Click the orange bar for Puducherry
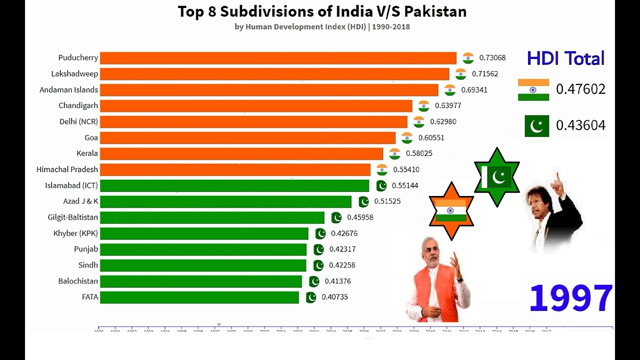[x=278, y=58]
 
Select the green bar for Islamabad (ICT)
[x=234, y=186]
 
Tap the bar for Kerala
[x=241, y=153]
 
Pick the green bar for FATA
[x=199, y=297]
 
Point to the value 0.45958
[x=360, y=217]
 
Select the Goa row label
[x=91, y=137]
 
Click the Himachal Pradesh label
[x=67, y=169]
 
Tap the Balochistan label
[x=78, y=281]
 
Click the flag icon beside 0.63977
[x=423, y=105]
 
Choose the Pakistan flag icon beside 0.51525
[x=363, y=201]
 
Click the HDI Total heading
[x=565, y=58]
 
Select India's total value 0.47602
[x=580, y=89]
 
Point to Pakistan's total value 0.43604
[x=580, y=125]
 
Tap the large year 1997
[x=570, y=298]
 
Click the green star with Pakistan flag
[x=496, y=177]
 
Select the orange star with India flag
[x=451, y=210]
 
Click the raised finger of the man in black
[x=556, y=177]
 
